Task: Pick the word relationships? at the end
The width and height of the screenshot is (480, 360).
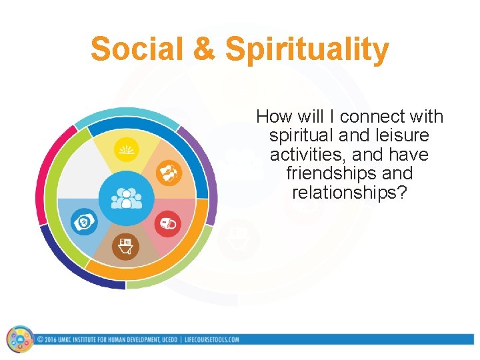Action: click(349, 193)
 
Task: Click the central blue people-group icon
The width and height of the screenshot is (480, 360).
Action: click(126, 198)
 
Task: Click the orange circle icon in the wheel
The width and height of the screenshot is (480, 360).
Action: click(167, 173)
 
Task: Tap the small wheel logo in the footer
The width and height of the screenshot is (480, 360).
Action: click(20, 339)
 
